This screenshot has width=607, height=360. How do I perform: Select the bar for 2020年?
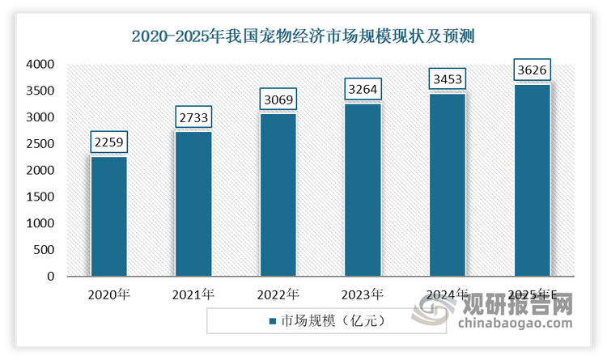click(108, 217)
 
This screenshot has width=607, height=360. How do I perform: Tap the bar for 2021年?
click(193, 204)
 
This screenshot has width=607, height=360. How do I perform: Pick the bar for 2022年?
click(278, 195)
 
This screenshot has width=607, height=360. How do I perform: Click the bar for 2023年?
click(363, 190)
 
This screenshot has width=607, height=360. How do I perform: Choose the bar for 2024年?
click(448, 185)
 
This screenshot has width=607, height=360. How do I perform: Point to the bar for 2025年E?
click(533, 180)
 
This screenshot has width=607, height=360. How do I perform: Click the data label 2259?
click(108, 143)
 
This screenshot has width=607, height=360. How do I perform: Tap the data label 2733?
click(193, 118)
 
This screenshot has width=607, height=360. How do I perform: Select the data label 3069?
click(278, 100)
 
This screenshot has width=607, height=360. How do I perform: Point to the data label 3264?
click(363, 90)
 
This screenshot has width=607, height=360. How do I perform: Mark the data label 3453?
click(448, 80)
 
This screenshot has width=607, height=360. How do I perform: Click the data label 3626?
click(533, 70)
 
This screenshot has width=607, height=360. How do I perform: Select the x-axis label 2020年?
click(108, 293)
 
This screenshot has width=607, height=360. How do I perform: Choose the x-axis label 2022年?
click(278, 293)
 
